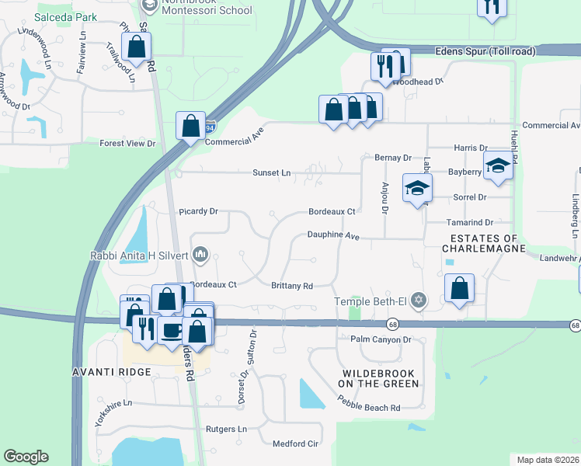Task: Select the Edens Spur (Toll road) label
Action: coord(485,51)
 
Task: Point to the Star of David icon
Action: coord(419,300)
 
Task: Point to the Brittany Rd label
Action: coord(291,286)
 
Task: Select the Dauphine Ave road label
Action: coord(333,235)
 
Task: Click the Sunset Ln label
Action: coord(271,173)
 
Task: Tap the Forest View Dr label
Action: coord(128,144)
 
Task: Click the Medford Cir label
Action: coord(295,444)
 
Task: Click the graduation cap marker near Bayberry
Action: coord(497,165)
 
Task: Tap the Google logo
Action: coord(26,457)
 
